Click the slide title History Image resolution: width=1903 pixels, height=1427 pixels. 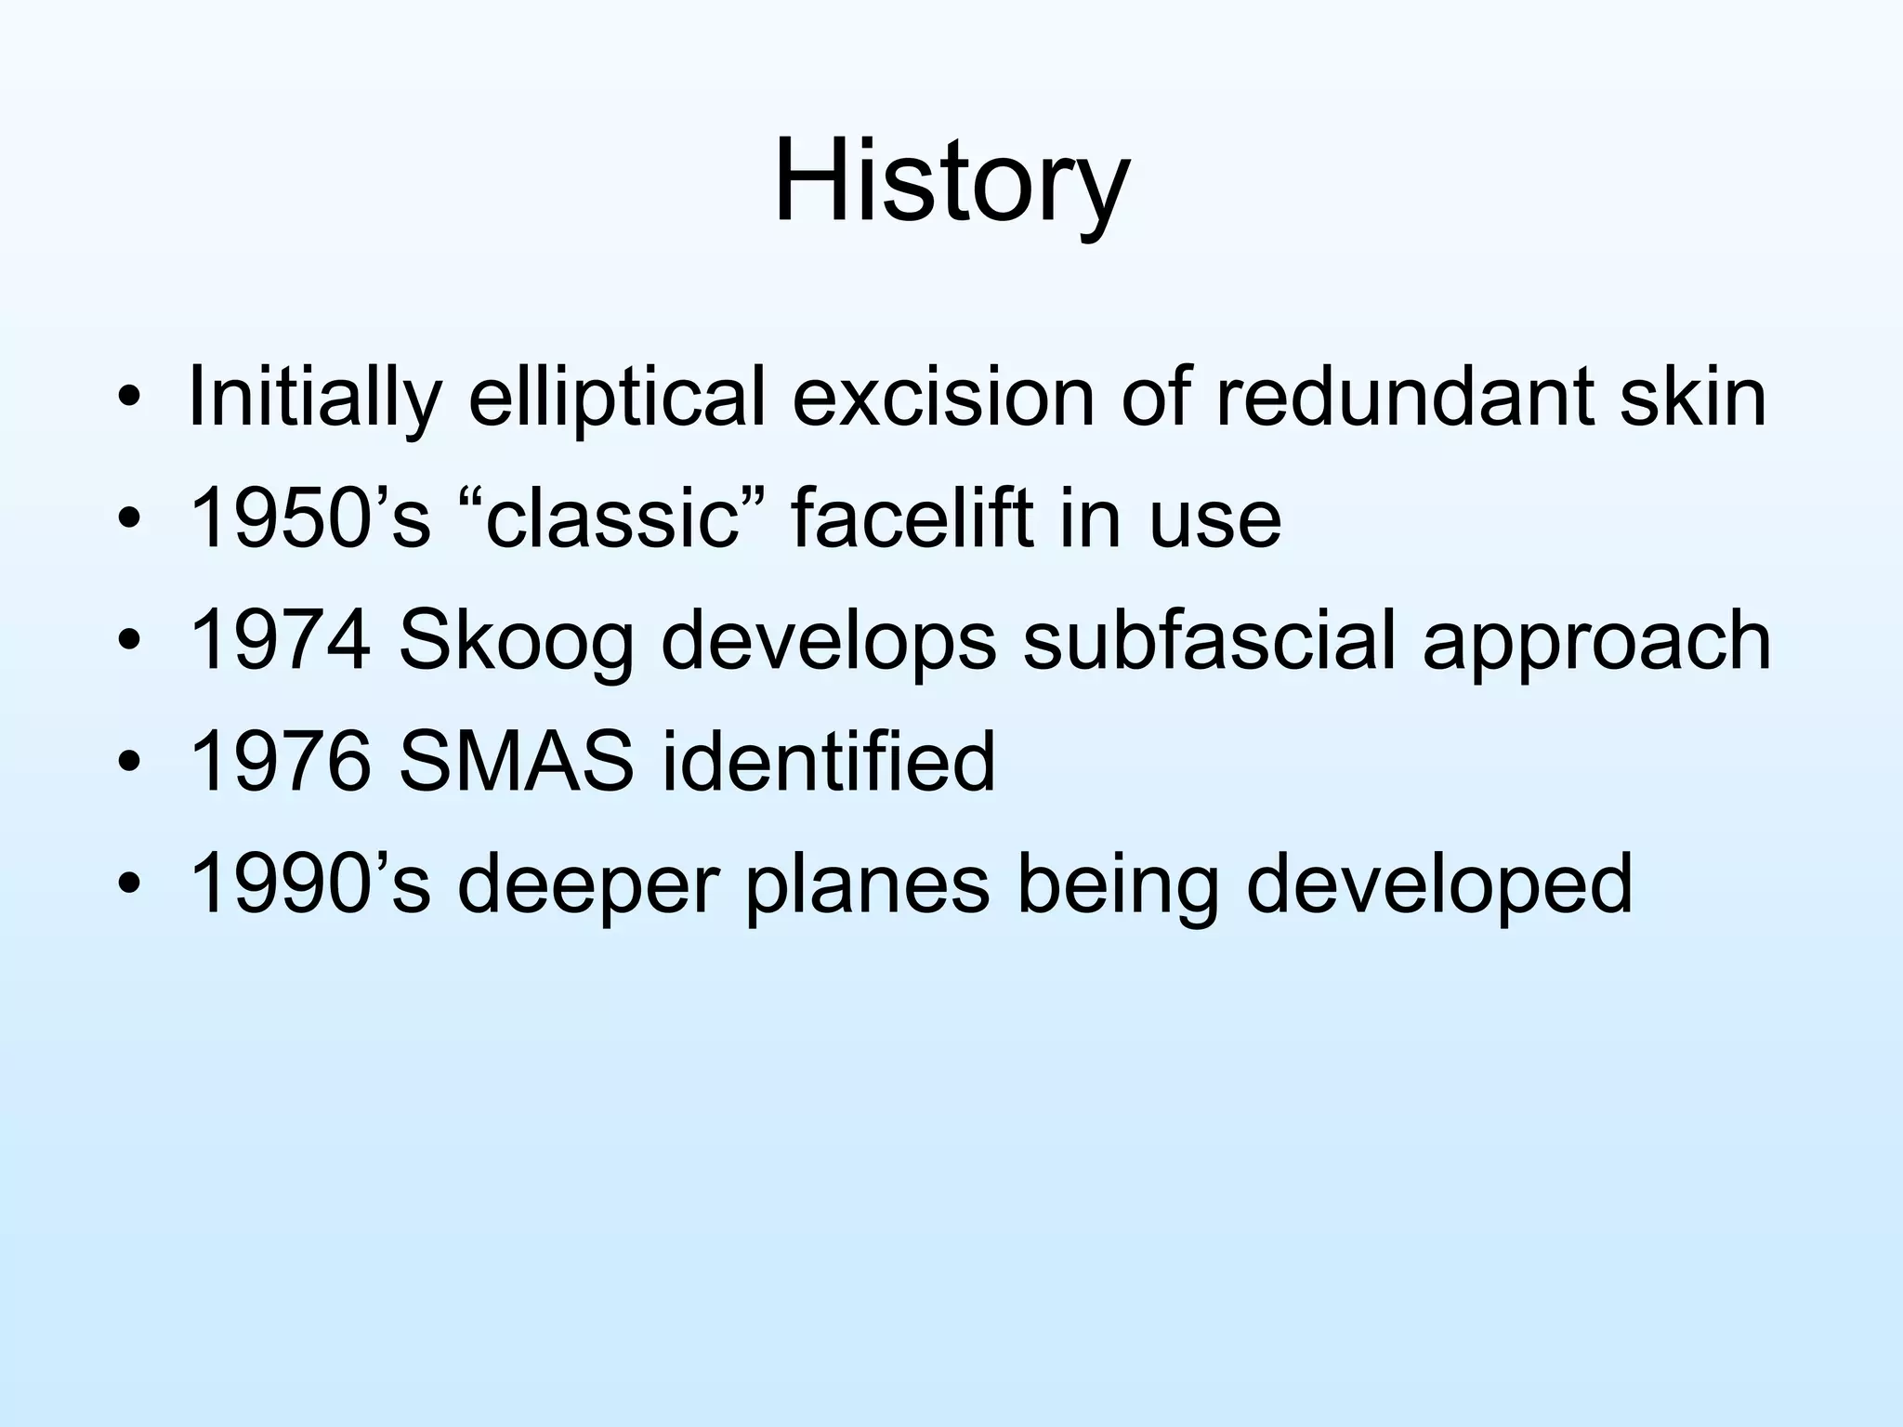tap(951, 181)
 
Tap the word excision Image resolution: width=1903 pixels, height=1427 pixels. tap(943, 398)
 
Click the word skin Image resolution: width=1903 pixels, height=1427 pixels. tap(1692, 398)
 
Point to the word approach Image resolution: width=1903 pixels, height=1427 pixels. tap(1596, 644)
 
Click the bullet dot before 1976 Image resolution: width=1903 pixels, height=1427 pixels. tap(129, 764)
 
